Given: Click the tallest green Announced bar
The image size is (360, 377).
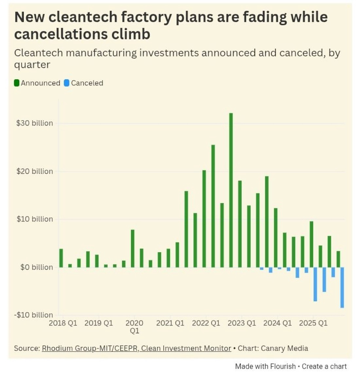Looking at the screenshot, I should tap(231, 190).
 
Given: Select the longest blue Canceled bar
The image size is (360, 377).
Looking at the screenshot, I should tap(342, 287).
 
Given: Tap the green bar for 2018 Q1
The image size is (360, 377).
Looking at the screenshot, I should tap(61, 258).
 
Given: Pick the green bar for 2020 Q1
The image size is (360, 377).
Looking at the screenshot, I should tap(133, 248).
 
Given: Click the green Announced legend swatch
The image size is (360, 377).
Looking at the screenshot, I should tap(17, 83).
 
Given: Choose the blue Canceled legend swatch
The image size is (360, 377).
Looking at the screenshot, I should tap(67, 83).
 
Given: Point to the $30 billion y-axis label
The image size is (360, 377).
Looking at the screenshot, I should tap(34, 123).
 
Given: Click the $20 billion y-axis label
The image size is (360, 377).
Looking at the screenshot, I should tap(34, 171).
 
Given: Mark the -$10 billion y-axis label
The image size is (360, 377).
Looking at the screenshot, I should tap(33, 315).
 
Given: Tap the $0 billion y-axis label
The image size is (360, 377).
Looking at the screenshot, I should tap(36, 267).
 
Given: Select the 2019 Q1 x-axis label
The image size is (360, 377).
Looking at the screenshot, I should tap(99, 323).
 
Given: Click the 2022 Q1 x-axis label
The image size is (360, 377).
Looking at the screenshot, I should tap(206, 323).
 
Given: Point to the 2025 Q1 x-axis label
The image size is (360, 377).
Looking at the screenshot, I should tap(313, 323).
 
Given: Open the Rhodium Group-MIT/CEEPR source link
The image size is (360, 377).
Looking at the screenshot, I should tap(136, 348).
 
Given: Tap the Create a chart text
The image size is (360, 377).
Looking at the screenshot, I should tap(324, 366).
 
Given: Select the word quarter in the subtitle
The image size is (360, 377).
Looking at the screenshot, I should tap(32, 65).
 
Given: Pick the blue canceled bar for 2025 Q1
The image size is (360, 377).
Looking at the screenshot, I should tap(315, 284).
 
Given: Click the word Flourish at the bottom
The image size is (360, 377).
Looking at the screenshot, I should tap(282, 366).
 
